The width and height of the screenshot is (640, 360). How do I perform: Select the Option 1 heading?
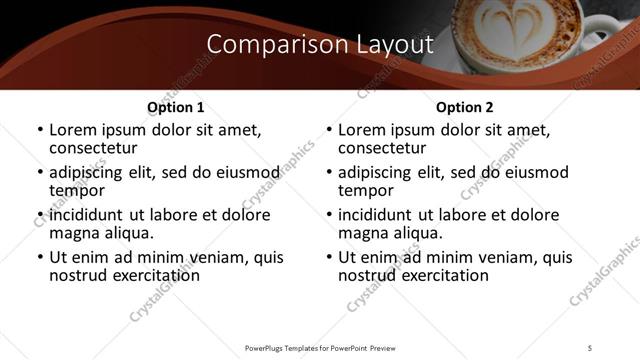click(x=176, y=107)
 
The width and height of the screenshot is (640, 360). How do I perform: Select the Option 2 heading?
click(x=465, y=107)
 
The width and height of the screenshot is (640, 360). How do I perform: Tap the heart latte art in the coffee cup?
click(x=516, y=21)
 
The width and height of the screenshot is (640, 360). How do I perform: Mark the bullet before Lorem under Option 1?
click(x=39, y=131)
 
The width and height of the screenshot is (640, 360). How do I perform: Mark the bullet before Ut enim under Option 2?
click(x=328, y=257)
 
